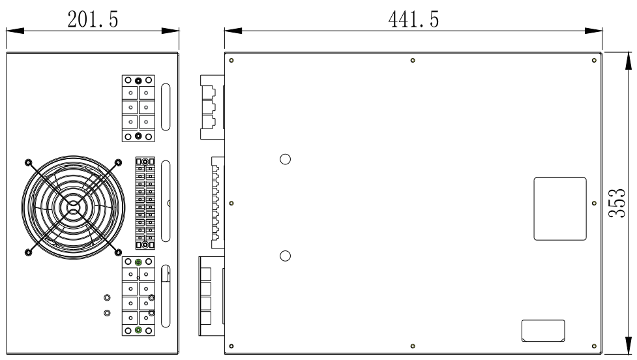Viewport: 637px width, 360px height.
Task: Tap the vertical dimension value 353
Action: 623,203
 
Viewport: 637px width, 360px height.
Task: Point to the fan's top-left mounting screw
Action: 27,162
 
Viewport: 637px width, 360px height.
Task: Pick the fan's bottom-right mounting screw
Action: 118,252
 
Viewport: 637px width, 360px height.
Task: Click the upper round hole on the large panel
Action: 285,160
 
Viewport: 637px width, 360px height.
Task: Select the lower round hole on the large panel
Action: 285,255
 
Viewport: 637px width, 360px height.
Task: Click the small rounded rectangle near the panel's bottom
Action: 542,330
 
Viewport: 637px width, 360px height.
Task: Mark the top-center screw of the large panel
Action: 413,61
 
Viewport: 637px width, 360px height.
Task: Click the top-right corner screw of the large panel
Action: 593,61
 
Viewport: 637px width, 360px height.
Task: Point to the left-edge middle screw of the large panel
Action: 232,203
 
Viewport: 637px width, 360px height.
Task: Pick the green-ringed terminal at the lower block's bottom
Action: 138,331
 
